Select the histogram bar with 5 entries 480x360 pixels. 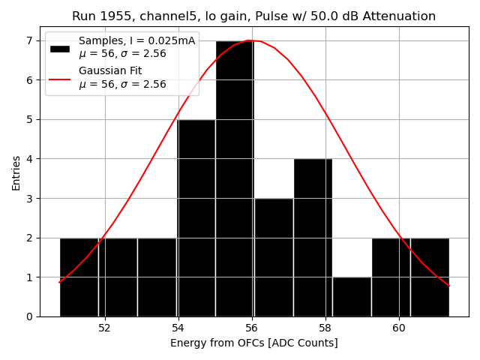(196, 217)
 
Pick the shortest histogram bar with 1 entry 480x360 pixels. (352, 297)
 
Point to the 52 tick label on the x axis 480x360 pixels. (104, 328)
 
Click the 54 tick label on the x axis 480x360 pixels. (178, 328)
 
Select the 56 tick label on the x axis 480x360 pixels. (251, 328)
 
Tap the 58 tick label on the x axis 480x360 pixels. (325, 328)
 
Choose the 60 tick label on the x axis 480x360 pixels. (398, 328)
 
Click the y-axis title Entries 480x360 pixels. (16, 172)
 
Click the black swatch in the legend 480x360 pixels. (60, 48)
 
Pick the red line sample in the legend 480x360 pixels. (60, 77)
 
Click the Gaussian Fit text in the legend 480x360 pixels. (109, 70)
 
